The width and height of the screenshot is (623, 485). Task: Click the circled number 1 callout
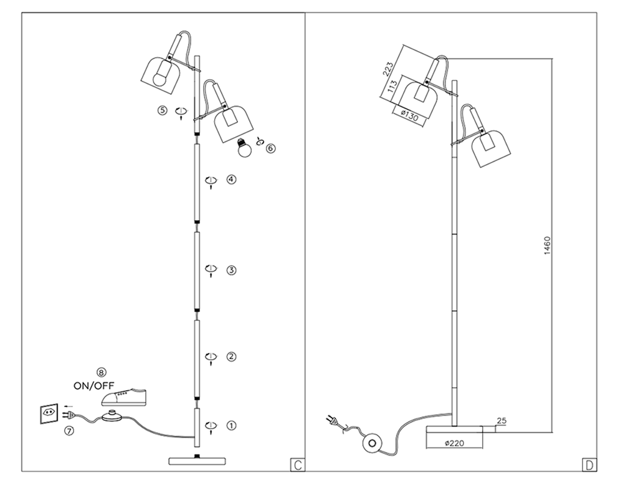click(x=231, y=426)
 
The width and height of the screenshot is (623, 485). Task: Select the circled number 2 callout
click(x=231, y=357)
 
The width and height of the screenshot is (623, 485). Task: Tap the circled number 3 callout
click(x=231, y=270)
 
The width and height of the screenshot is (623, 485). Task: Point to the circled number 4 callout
click(x=231, y=180)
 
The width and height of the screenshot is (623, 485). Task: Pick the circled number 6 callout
click(x=270, y=148)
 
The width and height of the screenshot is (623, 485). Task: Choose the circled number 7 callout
click(x=69, y=431)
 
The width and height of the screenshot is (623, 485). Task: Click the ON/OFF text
click(x=94, y=385)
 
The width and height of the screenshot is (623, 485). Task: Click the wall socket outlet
click(x=49, y=413)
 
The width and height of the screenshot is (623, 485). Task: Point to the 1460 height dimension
click(x=546, y=245)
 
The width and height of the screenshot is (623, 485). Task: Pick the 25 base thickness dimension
click(x=502, y=421)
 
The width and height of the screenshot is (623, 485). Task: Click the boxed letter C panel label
click(x=298, y=464)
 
